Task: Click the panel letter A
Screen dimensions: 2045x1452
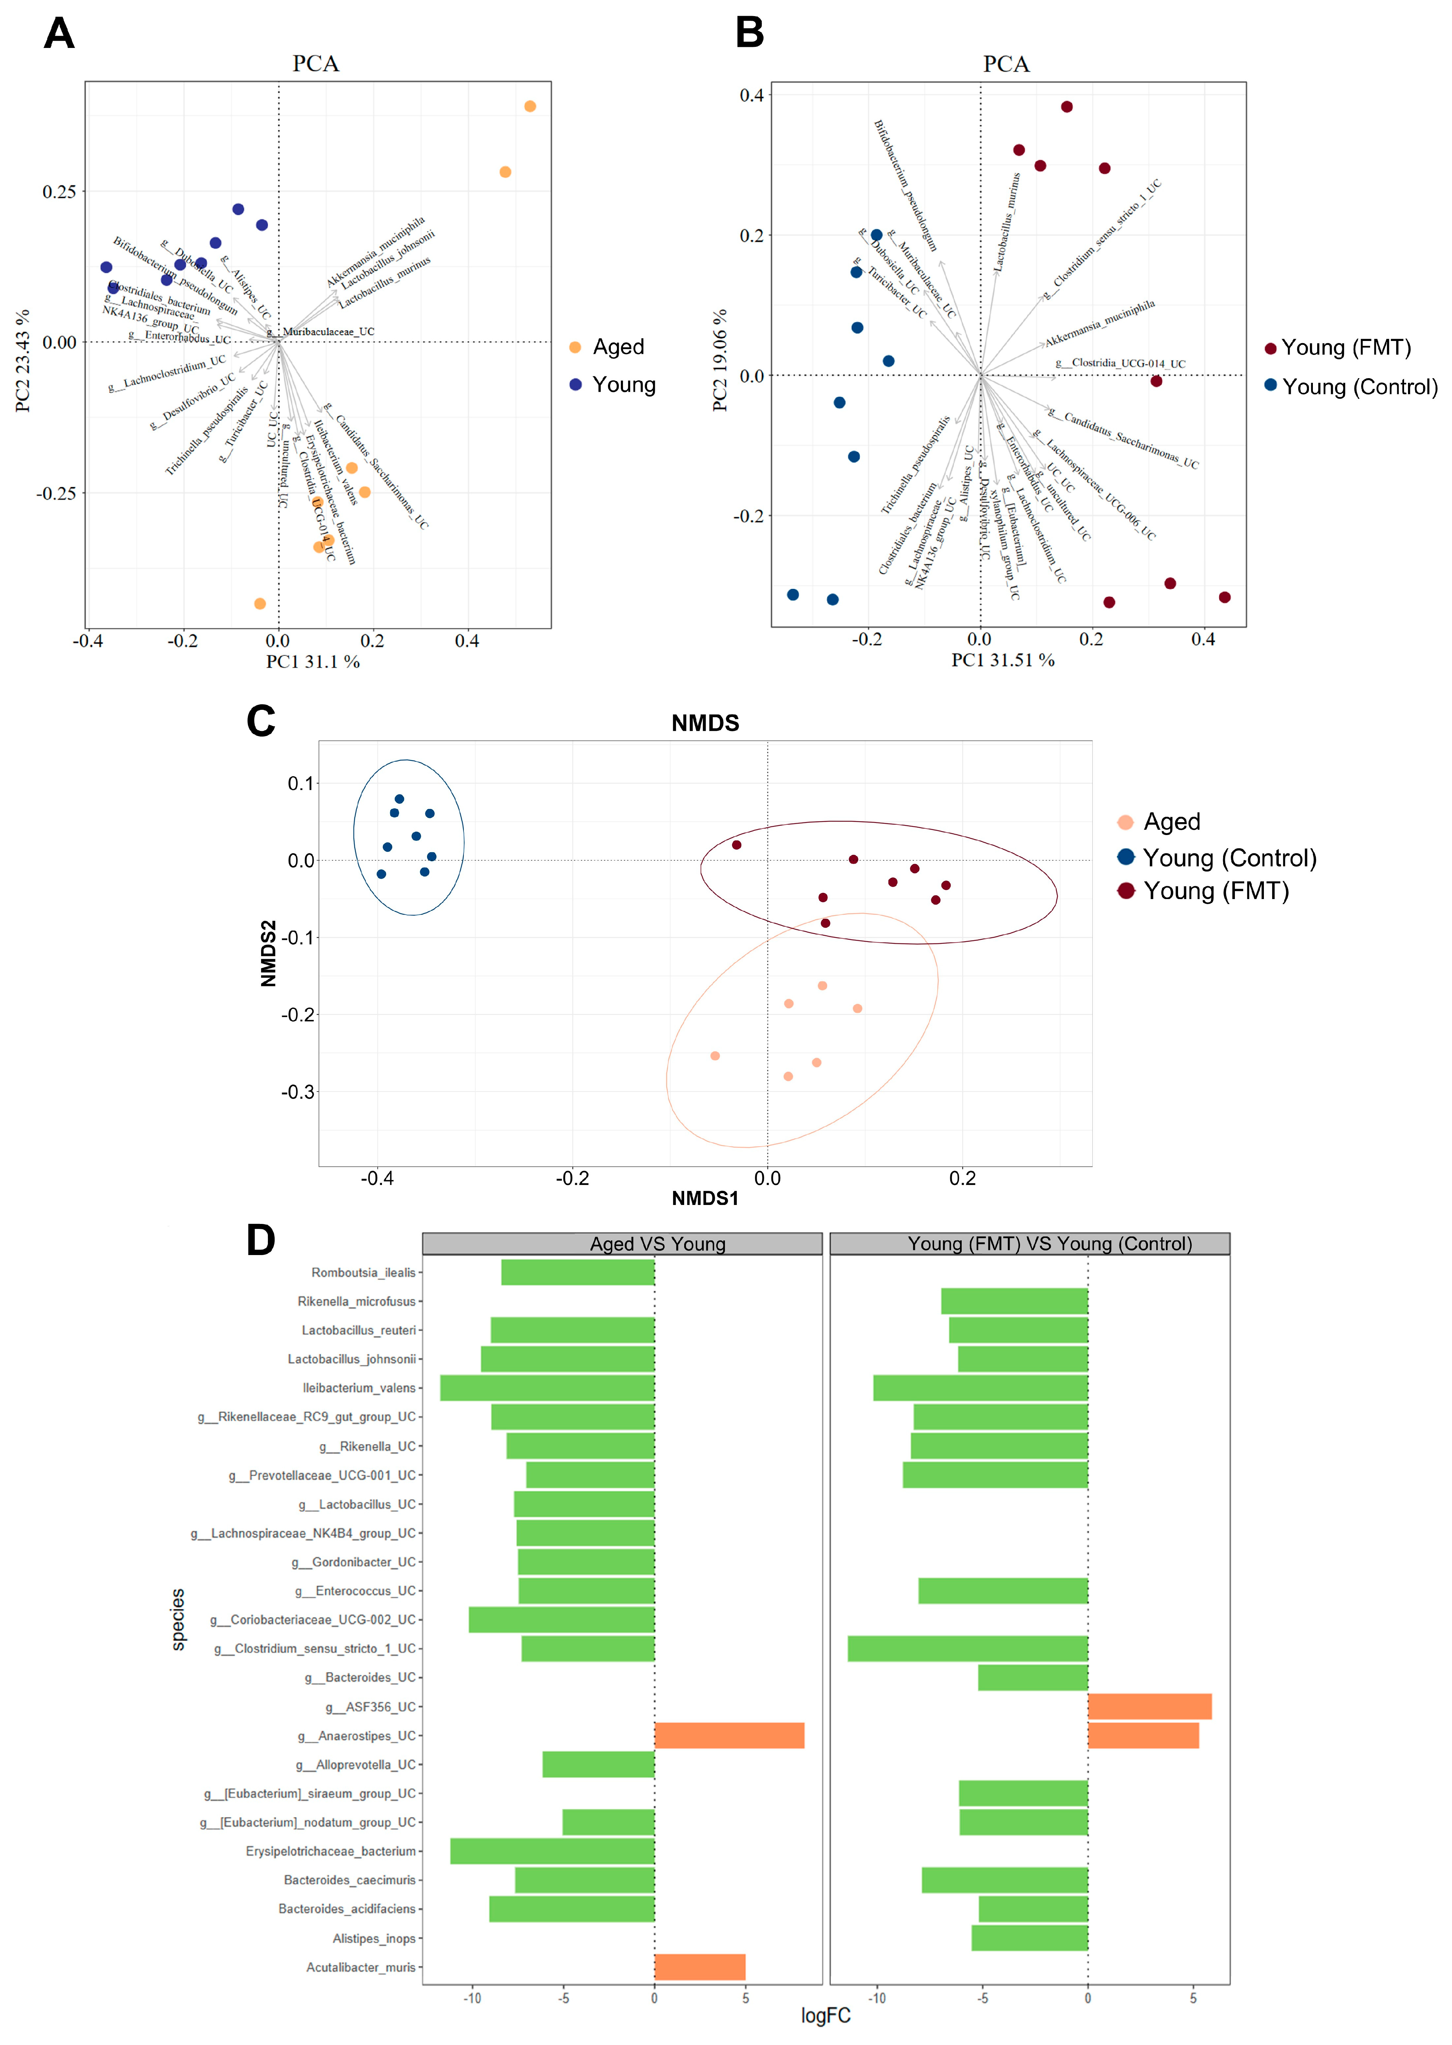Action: (x=59, y=34)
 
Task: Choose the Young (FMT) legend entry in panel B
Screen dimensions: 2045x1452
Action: (x=1345, y=348)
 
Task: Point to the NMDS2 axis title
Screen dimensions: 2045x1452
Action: (x=268, y=953)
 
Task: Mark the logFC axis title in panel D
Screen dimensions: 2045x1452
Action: (x=825, y=2015)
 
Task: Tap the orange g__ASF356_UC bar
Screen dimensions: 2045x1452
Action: (x=1149, y=1706)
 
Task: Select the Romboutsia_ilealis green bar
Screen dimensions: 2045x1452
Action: (x=578, y=1273)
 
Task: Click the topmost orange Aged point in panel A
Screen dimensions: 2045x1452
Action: (x=530, y=106)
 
